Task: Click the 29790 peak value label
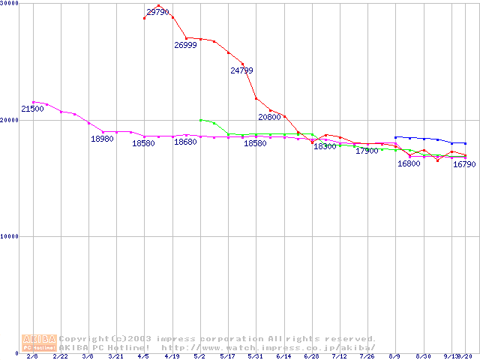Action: [x=158, y=12]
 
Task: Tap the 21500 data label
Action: [x=32, y=109]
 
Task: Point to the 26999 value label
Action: [x=185, y=45]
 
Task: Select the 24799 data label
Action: [x=241, y=70]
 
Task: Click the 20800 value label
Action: [x=269, y=117]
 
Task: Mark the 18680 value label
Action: [x=185, y=142]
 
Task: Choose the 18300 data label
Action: [x=325, y=147]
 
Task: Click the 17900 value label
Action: [x=367, y=151]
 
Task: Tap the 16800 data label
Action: [x=409, y=163]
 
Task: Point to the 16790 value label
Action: [x=464, y=165]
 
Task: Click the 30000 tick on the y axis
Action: [x=10, y=4]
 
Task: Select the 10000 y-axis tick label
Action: [x=10, y=236]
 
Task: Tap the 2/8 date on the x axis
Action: [x=32, y=356]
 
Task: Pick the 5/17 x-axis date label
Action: [x=228, y=356]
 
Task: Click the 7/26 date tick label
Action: [x=367, y=356]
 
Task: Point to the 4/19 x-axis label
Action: [x=172, y=356]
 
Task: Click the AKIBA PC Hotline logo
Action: [x=39, y=343]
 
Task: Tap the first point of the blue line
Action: [x=395, y=137]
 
